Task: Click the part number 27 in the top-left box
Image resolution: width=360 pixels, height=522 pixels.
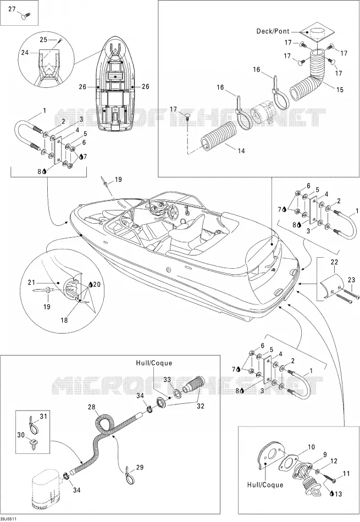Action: pyautogui.click(x=12, y=9)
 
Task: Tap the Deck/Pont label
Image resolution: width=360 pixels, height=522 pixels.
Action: pyautogui.click(x=273, y=31)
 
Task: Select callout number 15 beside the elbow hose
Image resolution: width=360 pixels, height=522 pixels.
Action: pyautogui.click(x=340, y=90)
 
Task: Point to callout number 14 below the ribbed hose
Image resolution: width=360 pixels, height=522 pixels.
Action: pyautogui.click(x=241, y=151)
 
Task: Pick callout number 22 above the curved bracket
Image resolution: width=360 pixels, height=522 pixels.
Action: pyautogui.click(x=334, y=262)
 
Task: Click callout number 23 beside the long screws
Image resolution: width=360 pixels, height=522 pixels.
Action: pyautogui.click(x=351, y=280)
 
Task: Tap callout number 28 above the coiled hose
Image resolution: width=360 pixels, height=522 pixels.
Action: pyautogui.click(x=92, y=407)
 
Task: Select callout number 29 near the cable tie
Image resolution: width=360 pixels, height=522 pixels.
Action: pyautogui.click(x=140, y=468)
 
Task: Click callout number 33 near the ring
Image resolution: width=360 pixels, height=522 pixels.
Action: pyautogui.click(x=167, y=380)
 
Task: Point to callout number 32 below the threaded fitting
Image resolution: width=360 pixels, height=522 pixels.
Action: pyautogui.click(x=201, y=406)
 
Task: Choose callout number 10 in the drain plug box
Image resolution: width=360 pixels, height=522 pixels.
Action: pyautogui.click(x=311, y=447)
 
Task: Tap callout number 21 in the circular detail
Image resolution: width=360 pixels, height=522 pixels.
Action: pyautogui.click(x=31, y=282)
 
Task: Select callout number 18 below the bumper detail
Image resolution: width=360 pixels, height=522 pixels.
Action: pyautogui.click(x=64, y=320)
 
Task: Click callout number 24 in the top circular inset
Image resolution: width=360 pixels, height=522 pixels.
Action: pyautogui.click(x=25, y=52)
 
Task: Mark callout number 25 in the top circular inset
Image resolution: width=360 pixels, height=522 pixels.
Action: pyautogui.click(x=43, y=40)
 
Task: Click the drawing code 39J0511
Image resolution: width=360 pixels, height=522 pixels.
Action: pyautogui.click(x=8, y=519)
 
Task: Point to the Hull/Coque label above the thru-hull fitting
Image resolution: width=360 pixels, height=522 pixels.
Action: pyautogui.click(x=154, y=363)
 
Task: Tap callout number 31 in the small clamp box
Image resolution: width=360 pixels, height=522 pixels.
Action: pyautogui.click(x=43, y=416)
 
